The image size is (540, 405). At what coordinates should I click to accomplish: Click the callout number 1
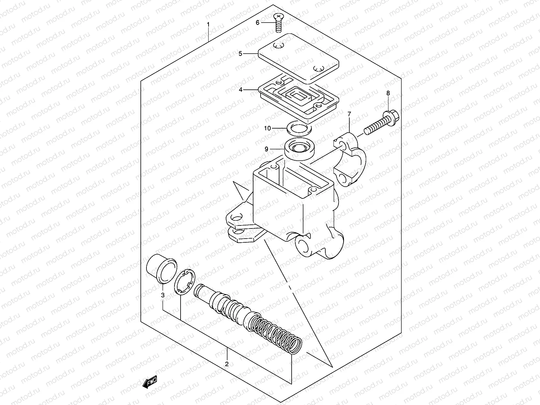(x=208, y=25)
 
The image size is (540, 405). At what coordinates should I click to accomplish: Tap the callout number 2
(x=227, y=364)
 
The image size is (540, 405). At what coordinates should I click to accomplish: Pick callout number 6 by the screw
(x=258, y=23)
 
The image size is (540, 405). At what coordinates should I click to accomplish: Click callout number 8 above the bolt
(x=388, y=93)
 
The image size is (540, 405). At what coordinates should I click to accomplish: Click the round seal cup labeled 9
(x=300, y=149)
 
